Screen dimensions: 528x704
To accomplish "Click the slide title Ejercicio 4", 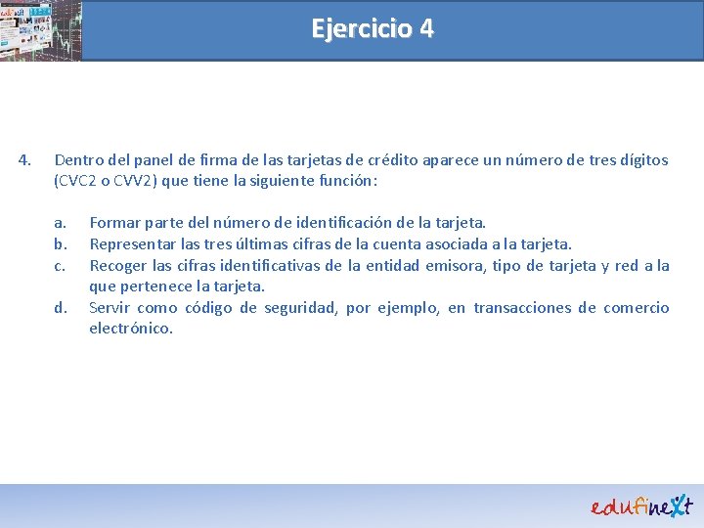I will [x=372, y=28].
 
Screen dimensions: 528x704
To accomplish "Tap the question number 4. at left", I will [x=27, y=159].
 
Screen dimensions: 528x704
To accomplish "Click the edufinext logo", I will [x=641, y=505].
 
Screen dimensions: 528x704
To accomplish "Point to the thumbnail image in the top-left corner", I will [x=41, y=30].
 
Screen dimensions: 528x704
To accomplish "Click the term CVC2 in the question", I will [x=81, y=181].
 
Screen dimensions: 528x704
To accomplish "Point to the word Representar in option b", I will [x=132, y=243].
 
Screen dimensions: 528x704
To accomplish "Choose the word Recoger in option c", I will [x=118, y=265].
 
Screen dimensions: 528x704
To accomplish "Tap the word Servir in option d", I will [x=110, y=308].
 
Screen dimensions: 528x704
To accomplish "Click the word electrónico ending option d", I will [x=131, y=329].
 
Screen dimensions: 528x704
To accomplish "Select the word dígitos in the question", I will [x=641, y=159].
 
